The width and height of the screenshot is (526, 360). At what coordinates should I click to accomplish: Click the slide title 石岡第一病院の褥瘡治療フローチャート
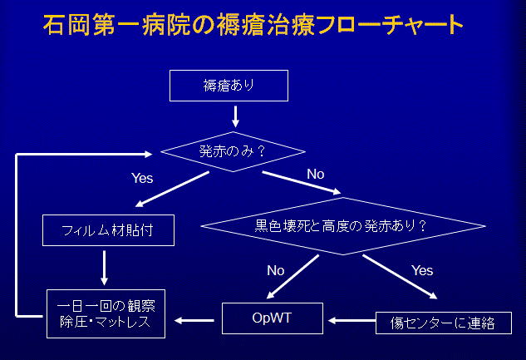(253, 24)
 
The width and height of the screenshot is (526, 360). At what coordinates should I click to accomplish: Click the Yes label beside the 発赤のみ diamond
(142, 178)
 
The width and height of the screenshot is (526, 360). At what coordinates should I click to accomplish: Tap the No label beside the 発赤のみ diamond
(315, 174)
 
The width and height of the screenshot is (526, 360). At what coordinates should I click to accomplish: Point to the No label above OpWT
(275, 270)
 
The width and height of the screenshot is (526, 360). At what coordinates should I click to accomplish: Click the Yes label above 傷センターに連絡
(422, 270)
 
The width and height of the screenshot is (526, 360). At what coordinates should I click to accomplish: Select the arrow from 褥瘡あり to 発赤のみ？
(235, 116)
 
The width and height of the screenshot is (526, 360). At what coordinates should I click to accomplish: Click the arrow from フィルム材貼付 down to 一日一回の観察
(105, 268)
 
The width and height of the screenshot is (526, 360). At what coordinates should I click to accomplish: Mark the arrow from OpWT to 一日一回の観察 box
(194, 321)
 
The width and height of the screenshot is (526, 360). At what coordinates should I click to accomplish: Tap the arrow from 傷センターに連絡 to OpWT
(351, 321)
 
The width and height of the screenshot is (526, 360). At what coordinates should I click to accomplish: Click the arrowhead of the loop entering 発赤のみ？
(148, 154)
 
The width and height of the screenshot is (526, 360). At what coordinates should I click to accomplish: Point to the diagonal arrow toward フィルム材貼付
(172, 189)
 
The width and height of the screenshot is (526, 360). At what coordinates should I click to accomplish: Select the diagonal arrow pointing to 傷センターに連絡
(400, 277)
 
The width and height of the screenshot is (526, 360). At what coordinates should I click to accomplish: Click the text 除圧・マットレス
(106, 322)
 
